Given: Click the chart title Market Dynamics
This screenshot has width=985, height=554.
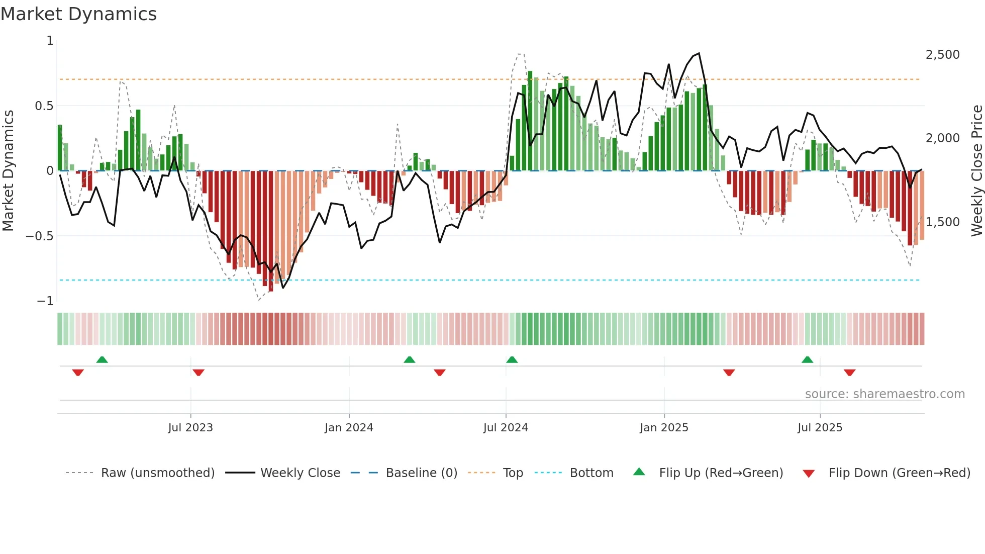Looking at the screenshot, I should click(79, 14).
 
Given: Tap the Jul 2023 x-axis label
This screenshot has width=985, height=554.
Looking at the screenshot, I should click(190, 428).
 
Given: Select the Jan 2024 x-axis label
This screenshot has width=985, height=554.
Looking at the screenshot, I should click(349, 428).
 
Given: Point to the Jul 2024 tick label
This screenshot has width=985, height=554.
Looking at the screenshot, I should click(506, 428).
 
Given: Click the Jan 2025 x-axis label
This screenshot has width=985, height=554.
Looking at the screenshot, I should click(664, 428).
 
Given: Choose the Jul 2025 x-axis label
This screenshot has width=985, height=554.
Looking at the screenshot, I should click(820, 428).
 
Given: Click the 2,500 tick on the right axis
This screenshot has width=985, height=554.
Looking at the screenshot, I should click(942, 55).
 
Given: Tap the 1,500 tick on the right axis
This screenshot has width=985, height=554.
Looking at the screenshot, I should click(942, 222).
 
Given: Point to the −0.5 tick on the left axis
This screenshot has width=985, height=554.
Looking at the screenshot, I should click(40, 236).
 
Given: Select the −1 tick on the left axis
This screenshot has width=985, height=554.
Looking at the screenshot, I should click(45, 301).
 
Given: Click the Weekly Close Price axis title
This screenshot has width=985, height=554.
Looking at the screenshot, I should click(976, 170).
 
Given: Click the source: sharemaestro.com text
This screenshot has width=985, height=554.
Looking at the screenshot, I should click(884, 394).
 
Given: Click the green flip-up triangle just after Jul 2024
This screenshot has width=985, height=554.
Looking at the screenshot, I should click(512, 360).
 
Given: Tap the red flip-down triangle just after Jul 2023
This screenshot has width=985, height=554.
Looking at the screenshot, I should click(199, 373).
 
